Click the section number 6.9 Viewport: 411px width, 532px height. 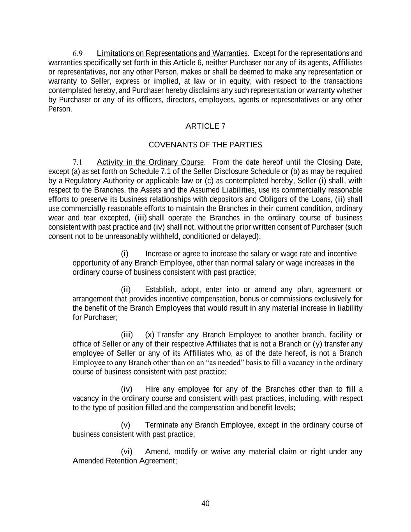click(78, 53)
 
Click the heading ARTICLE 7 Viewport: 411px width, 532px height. click(205, 126)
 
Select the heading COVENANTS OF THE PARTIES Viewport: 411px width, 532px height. click(205, 145)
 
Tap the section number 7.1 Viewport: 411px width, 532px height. click(78, 163)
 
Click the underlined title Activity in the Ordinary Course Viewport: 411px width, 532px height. click(150, 162)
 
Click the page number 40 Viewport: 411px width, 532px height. click(205, 504)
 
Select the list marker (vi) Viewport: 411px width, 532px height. click(127, 452)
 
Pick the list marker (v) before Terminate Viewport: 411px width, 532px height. click(125, 425)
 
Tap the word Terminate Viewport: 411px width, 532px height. click(161, 425)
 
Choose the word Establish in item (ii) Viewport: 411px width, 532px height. click(160, 290)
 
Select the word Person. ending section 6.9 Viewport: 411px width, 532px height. click(60, 109)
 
